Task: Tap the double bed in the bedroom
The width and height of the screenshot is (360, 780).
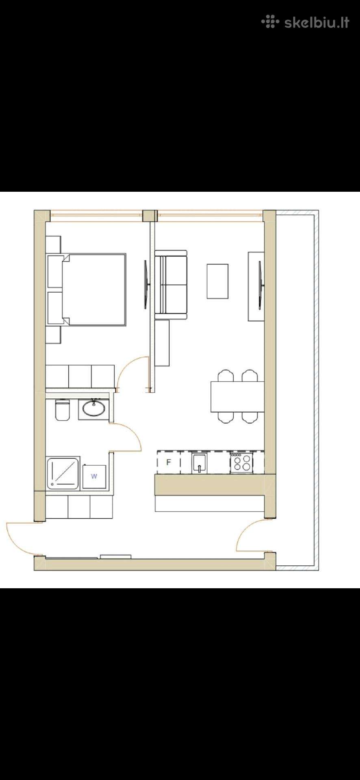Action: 94,290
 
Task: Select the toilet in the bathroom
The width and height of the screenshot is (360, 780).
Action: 62,409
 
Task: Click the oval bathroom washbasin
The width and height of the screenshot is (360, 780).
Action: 93,408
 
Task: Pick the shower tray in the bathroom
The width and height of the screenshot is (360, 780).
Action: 63,473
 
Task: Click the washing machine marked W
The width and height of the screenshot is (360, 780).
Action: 94,477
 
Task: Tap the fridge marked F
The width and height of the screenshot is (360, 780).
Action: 169,462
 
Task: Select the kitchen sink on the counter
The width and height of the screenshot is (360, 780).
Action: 200,463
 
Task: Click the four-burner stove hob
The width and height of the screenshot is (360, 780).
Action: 242,462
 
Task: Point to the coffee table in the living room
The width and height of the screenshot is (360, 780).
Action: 217,281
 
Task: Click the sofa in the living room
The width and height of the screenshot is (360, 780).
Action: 171,284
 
